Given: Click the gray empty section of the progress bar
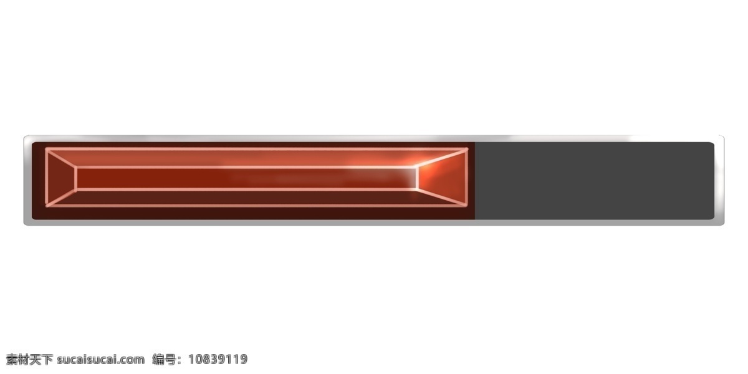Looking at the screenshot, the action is pyautogui.click(x=595, y=181).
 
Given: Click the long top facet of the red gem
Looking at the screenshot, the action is pyautogui.click(x=256, y=158).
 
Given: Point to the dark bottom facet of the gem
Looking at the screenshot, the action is pyautogui.click(x=256, y=198).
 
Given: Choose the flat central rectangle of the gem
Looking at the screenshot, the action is pyautogui.click(x=246, y=178).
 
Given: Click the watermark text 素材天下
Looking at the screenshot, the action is pyautogui.click(x=29, y=359).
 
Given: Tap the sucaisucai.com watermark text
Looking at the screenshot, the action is pyautogui.click(x=101, y=360).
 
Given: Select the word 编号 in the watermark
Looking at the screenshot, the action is pyautogui.click(x=164, y=359).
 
